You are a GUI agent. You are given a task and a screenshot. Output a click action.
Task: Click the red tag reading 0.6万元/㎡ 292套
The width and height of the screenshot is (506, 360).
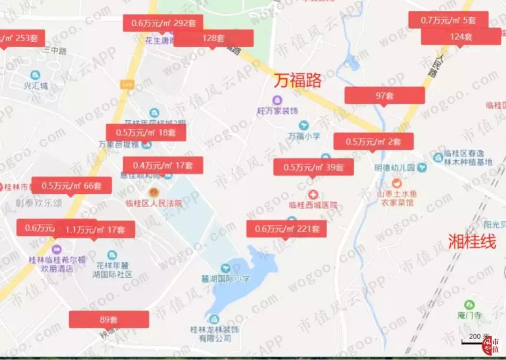[x=163, y=23]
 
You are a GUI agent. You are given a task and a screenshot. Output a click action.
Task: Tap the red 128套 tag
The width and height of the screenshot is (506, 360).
[x=213, y=38]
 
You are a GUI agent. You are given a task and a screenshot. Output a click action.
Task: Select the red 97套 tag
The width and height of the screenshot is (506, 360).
[x=385, y=96]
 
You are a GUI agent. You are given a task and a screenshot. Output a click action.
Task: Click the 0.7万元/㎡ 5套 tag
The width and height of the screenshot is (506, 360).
[x=448, y=20]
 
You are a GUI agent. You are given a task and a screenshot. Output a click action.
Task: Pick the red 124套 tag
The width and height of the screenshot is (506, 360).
[x=461, y=37]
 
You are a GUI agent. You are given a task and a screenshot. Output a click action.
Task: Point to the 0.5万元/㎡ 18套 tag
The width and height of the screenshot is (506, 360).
[x=146, y=132]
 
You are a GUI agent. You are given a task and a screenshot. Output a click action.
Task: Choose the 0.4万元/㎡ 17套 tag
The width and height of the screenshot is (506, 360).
[x=163, y=165]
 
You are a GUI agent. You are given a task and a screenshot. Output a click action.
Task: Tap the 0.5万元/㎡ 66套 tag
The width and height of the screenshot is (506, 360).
[x=71, y=185]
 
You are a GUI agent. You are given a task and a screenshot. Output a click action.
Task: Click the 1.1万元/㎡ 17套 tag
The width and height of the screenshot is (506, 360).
[x=95, y=229]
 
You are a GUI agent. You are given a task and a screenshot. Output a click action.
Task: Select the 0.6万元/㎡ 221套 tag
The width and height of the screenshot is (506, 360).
[x=287, y=229]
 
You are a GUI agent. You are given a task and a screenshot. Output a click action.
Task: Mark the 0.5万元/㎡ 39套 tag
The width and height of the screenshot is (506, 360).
[x=313, y=167]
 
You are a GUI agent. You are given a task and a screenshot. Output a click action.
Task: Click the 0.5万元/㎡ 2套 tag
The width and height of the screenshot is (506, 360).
[x=373, y=141]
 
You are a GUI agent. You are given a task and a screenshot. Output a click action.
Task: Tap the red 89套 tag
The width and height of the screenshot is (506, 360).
[x=109, y=320]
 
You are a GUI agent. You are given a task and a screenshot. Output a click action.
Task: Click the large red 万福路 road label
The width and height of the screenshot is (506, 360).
[x=298, y=81]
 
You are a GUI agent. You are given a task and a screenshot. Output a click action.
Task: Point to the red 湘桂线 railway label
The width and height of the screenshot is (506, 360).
[x=472, y=242]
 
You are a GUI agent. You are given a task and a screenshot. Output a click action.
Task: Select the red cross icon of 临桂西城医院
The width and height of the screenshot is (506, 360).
[x=313, y=194]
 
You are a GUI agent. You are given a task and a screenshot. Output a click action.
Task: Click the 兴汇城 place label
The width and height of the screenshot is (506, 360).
[x=36, y=86]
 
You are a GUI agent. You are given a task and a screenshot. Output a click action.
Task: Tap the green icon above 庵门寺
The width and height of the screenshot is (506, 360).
[x=469, y=305]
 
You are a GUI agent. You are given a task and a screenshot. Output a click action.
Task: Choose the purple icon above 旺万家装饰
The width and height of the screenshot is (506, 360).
[x=277, y=100]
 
